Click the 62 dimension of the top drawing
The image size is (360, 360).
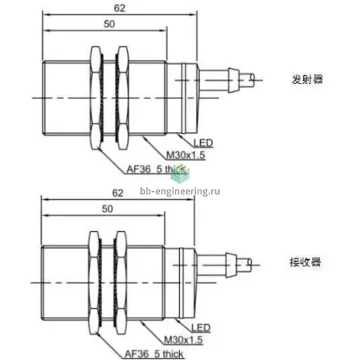[x=119, y=8]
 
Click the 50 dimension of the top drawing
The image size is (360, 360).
[x=109, y=24]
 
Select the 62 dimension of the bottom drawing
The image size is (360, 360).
[x=118, y=193]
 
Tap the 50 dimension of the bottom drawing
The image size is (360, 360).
[x=107, y=209]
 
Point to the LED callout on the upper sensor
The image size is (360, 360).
[x=203, y=143]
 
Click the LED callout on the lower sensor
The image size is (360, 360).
[x=201, y=328]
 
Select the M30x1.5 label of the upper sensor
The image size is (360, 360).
[x=186, y=155]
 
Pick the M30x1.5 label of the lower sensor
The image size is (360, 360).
[x=183, y=340]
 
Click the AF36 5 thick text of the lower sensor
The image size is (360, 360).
[x=154, y=354]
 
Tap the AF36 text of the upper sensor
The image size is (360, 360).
[x=138, y=169]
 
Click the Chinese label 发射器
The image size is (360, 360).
[x=307, y=79]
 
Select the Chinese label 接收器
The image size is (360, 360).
[x=306, y=262]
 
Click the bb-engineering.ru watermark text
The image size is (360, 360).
[x=180, y=191]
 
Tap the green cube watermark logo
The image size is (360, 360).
[x=180, y=174]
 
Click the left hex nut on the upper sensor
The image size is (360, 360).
[x=96, y=98]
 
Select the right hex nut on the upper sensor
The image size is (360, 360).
[x=122, y=98]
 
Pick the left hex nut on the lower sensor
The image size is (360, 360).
[x=94, y=282]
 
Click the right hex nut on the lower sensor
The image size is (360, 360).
[x=121, y=282]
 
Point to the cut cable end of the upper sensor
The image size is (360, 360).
[x=252, y=80]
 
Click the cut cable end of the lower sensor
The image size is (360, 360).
[x=250, y=265]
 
